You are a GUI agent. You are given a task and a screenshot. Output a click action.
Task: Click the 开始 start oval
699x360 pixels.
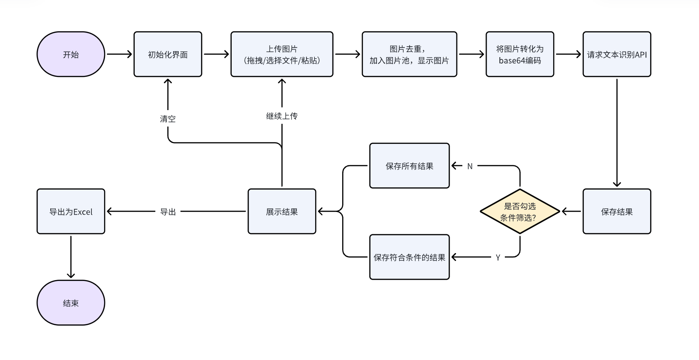click(71, 54)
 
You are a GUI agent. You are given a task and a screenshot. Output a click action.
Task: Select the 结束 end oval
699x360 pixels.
click(71, 303)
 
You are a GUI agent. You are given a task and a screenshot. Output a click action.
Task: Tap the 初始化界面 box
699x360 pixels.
click(168, 54)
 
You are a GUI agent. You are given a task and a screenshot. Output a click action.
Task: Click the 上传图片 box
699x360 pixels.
click(282, 54)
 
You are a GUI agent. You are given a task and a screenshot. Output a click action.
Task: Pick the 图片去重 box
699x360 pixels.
click(409, 54)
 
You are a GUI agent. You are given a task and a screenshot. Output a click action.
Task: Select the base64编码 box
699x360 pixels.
click(520, 54)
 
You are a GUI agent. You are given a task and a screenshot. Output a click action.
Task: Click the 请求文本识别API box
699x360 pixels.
click(617, 54)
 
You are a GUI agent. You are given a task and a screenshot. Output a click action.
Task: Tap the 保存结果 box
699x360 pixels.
click(617, 212)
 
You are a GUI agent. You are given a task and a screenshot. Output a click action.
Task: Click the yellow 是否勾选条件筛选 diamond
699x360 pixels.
click(520, 212)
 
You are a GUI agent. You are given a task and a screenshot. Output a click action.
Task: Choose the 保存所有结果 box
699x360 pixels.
click(409, 166)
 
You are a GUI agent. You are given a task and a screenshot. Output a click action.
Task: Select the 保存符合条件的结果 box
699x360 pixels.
click(409, 257)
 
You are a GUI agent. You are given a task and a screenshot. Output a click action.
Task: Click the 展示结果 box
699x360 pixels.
click(282, 212)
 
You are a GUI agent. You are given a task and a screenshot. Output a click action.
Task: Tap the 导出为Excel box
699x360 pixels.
click(71, 212)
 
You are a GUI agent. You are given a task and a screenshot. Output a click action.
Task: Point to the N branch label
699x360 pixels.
click(470, 166)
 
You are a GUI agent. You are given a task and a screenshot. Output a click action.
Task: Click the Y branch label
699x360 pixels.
click(498, 258)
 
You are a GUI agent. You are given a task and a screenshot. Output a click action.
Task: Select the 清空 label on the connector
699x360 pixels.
click(168, 119)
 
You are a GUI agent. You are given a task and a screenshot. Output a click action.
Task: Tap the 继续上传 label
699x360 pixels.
click(282, 116)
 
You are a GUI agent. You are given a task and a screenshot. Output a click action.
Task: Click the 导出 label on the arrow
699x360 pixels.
click(168, 212)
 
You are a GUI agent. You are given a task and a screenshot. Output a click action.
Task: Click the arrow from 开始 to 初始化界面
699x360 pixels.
click(119, 54)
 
